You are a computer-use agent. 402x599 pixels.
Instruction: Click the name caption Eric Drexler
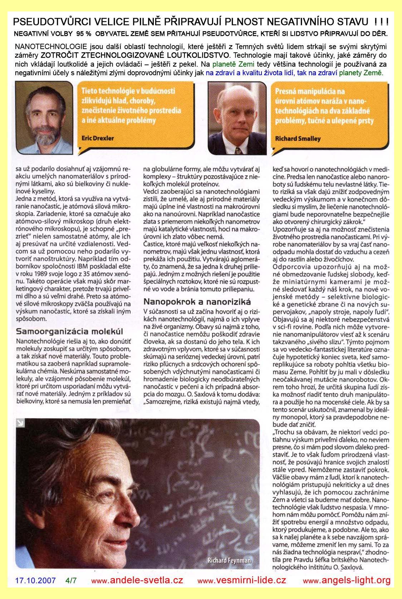tap(98, 138)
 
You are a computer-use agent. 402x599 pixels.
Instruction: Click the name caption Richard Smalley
tap(298, 139)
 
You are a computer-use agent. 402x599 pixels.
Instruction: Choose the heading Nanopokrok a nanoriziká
tap(197, 302)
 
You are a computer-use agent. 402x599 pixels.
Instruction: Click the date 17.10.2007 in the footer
tap(35, 580)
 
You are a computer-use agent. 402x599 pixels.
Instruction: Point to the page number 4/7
tap(71, 580)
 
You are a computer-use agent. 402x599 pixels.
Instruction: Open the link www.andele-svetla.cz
tap(137, 580)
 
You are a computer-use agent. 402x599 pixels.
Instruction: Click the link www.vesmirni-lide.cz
tap(242, 580)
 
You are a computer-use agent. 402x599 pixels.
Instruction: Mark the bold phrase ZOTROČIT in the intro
tap(59, 55)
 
